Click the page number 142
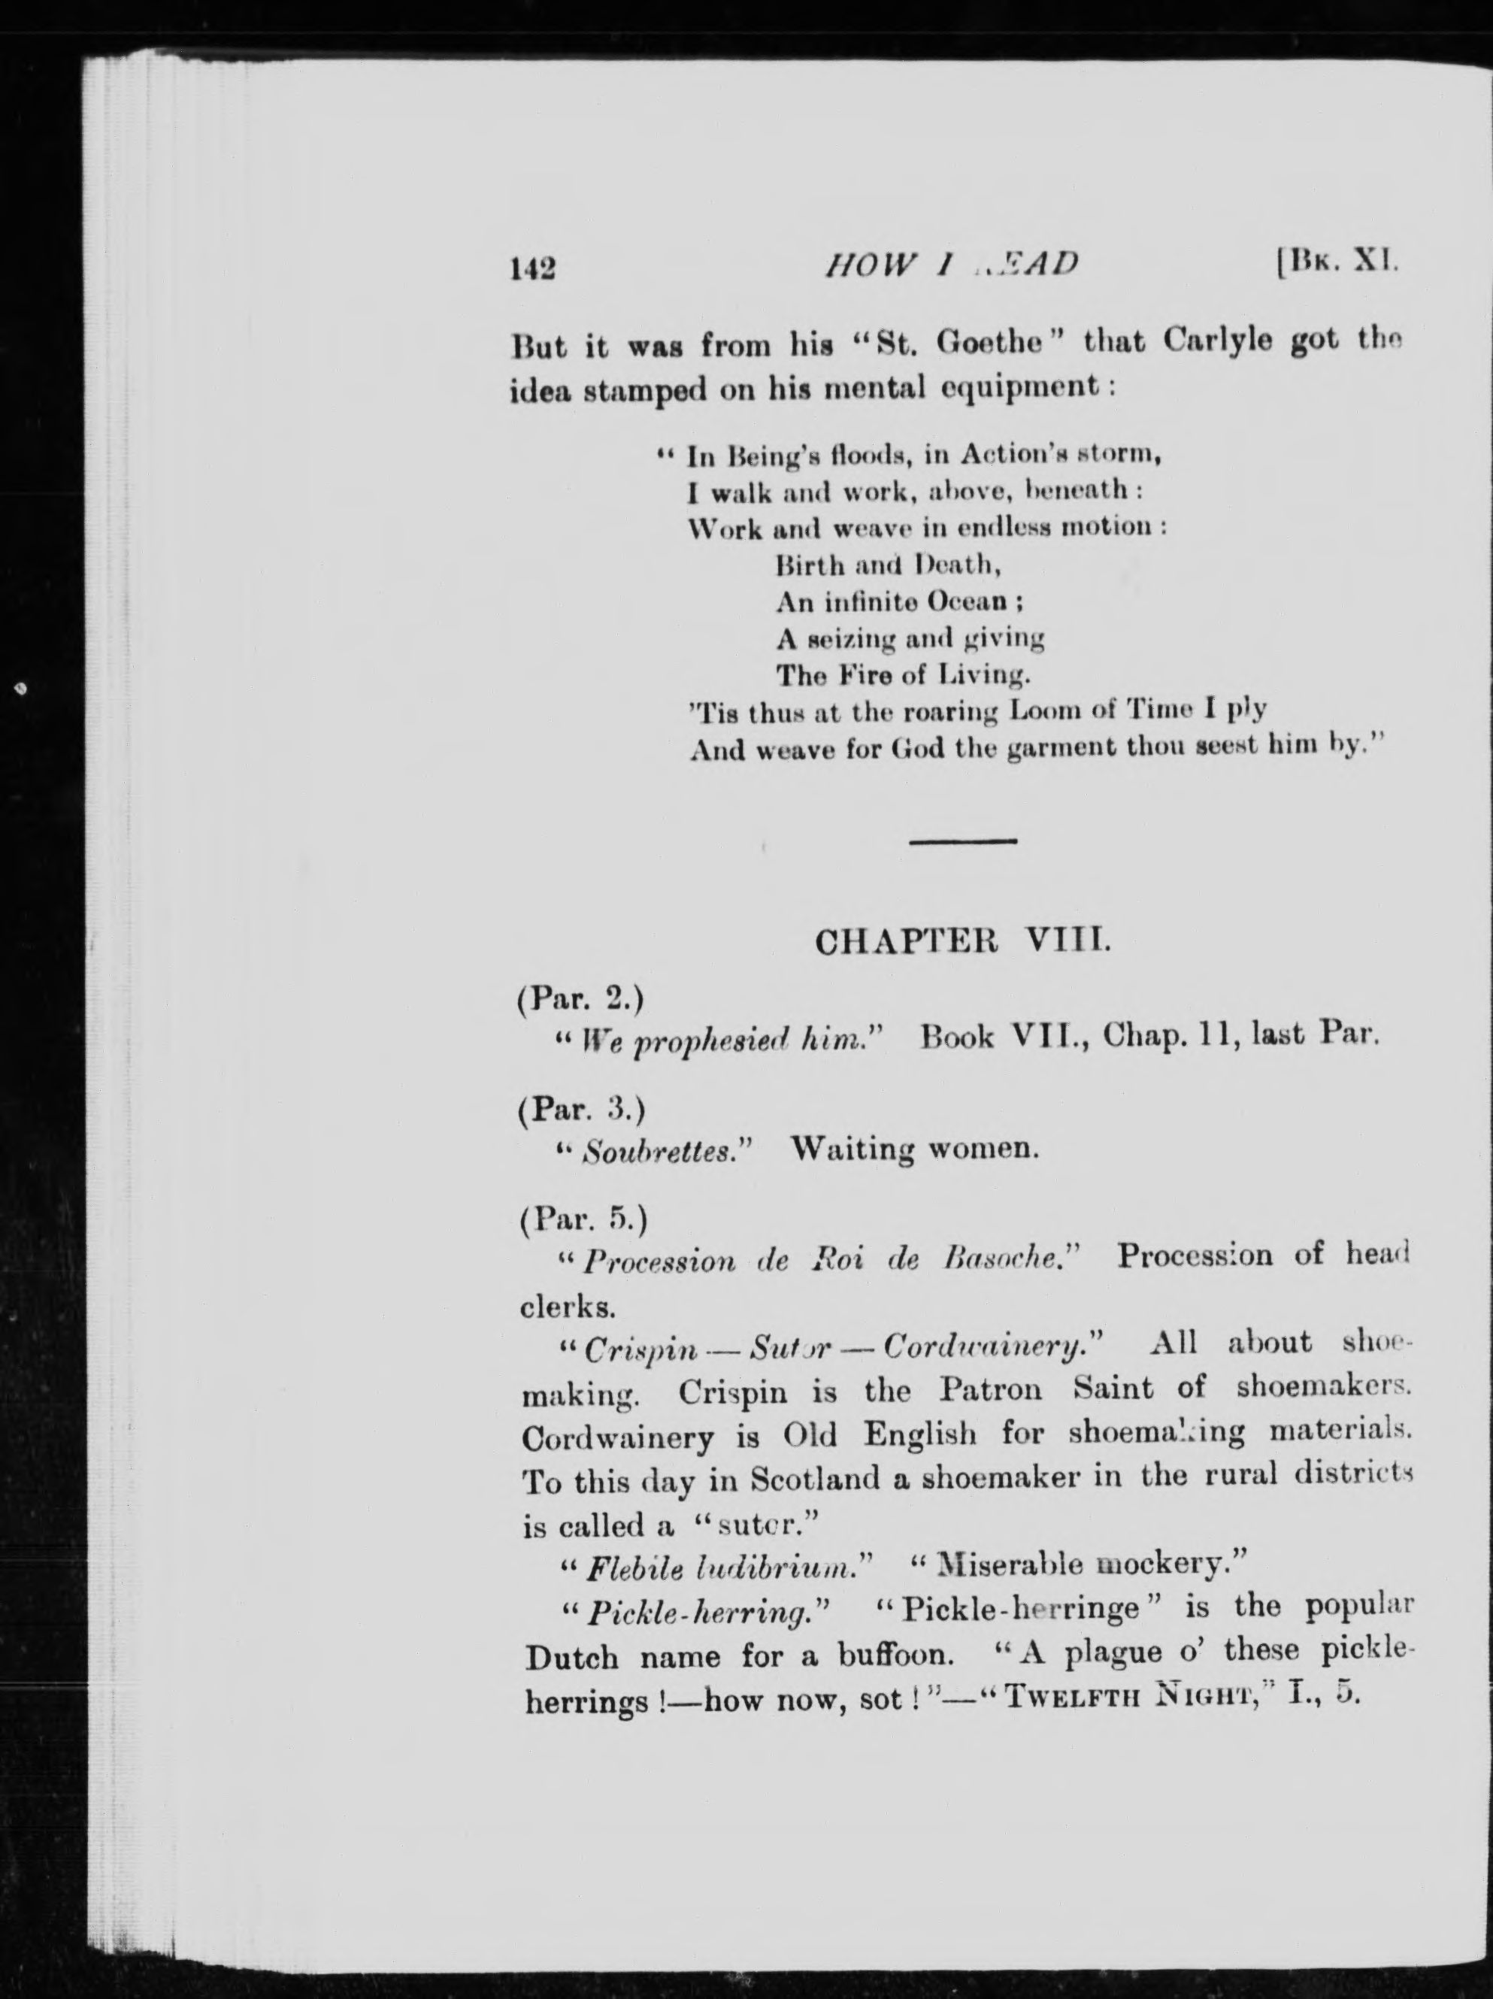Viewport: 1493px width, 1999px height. click(532, 269)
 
